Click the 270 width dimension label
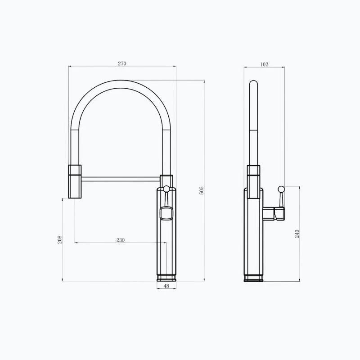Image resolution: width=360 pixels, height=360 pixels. point(122,63)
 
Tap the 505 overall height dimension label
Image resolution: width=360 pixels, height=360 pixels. point(201,190)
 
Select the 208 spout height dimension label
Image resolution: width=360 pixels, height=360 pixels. point(60,239)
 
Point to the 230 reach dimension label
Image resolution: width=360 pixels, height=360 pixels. point(121,240)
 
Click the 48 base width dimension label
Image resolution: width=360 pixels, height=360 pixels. point(166,286)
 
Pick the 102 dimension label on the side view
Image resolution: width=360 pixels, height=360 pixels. point(264,64)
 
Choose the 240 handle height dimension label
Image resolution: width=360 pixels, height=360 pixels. point(297,234)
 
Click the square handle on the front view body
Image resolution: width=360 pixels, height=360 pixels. point(166,213)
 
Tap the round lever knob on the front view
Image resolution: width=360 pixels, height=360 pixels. point(166,189)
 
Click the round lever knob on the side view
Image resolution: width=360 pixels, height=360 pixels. point(281,189)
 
